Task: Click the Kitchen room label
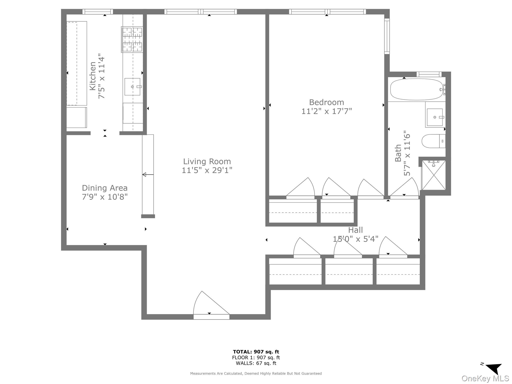[92, 76]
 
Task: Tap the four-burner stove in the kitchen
[132, 39]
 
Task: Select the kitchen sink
[132, 86]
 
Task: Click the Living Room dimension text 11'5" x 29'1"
[207, 170]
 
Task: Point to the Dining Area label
[105, 188]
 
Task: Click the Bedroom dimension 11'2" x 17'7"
[326, 111]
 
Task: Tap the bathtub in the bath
[416, 89]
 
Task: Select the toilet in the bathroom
[433, 141]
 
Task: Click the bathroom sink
[435, 117]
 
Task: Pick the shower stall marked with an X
[434, 175]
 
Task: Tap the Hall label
[355, 230]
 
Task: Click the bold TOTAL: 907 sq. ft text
[256, 352]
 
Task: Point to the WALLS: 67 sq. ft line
[256, 363]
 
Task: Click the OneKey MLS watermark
[485, 378]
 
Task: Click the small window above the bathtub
[429, 74]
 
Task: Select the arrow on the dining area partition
[148, 174]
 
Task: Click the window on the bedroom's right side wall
[387, 36]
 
